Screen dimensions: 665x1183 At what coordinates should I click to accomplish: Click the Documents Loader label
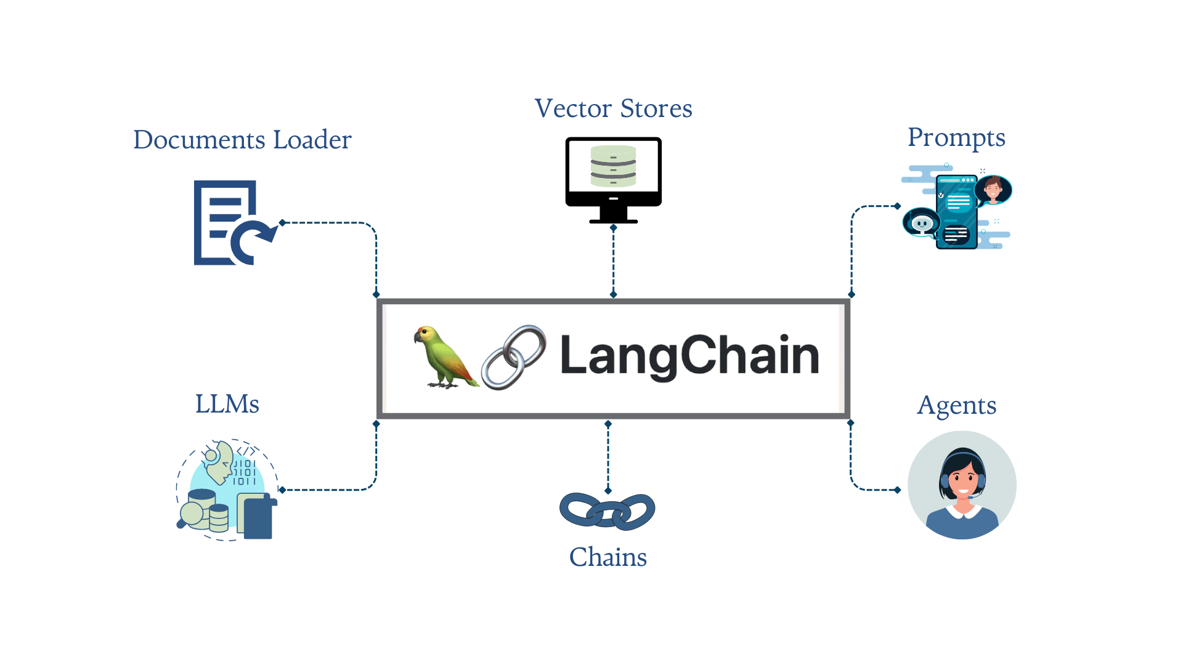(x=242, y=140)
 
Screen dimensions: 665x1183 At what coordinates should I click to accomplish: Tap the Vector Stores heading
(x=613, y=108)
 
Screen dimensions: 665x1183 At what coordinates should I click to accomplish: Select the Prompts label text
(x=956, y=137)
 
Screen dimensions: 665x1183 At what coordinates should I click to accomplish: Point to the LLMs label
(x=227, y=405)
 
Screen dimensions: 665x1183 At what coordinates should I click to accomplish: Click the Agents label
(x=956, y=405)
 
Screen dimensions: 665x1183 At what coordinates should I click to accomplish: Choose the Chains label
(x=608, y=557)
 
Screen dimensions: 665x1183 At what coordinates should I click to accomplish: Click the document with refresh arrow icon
(x=231, y=223)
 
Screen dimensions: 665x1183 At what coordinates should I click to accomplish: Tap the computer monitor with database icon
(x=613, y=179)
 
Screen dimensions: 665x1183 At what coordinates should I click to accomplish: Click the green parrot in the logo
(x=445, y=357)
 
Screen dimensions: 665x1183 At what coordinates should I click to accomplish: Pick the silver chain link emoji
(x=513, y=357)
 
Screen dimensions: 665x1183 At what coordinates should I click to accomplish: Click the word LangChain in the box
(x=689, y=356)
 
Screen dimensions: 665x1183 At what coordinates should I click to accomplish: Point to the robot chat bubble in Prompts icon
(x=921, y=223)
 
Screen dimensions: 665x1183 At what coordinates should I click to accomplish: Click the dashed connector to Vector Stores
(x=613, y=262)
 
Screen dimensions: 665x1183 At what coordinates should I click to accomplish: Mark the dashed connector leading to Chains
(x=608, y=457)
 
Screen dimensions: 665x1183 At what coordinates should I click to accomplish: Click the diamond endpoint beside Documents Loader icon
(x=282, y=223)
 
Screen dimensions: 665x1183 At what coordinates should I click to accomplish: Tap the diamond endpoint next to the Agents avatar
(x=897, y=490)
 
